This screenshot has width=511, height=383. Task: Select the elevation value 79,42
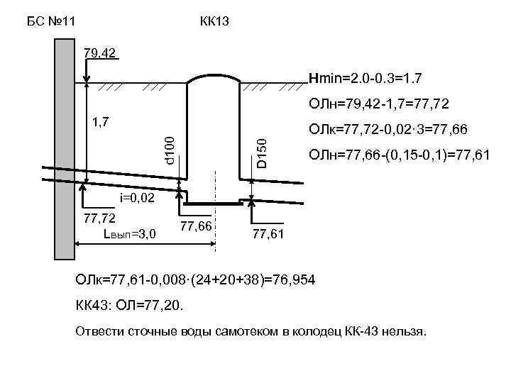click(100, 54)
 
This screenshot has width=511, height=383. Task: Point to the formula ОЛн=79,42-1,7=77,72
click(378, 104)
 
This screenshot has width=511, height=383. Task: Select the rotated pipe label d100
click(170, 152)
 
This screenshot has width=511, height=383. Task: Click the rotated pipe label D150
click(262, 153)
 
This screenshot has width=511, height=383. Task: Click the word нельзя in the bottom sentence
click(403, 332)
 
